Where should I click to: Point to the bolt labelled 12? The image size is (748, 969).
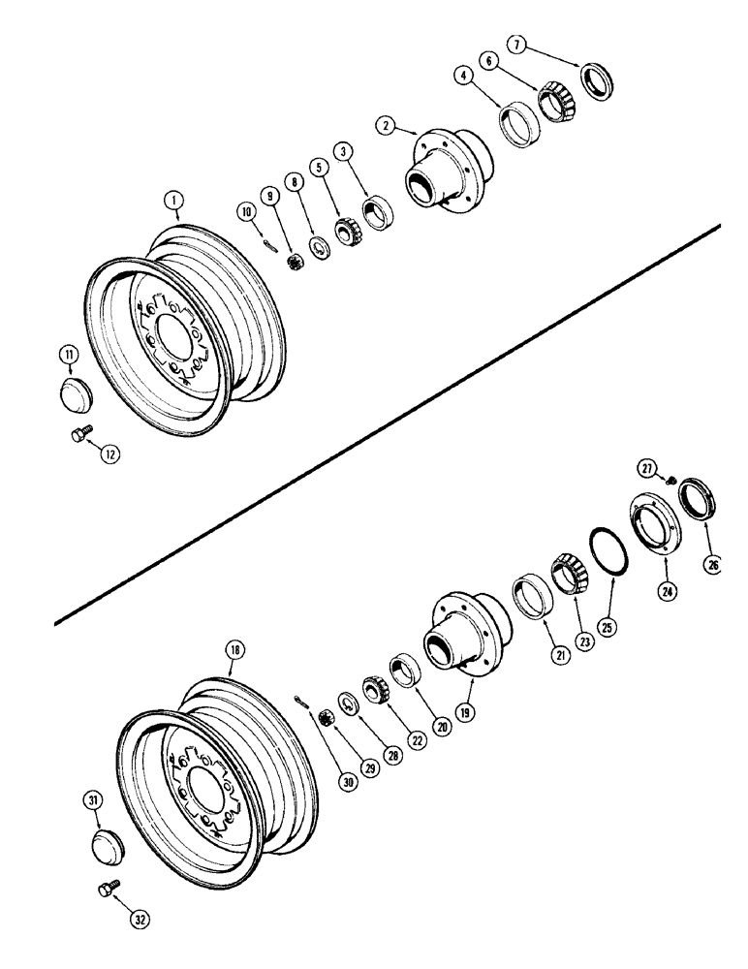[81, 437]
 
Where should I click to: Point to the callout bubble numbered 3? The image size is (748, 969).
[342, 152]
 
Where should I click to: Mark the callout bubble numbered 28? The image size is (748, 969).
[393, 756]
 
